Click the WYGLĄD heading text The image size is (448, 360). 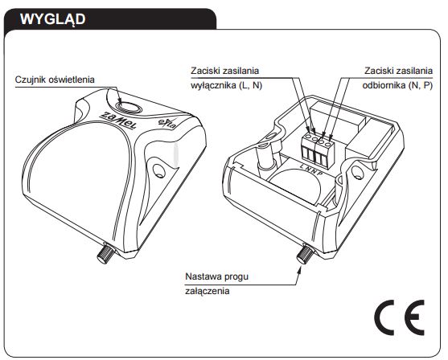[x=52, y=19]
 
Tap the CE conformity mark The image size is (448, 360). [x=400, y=317]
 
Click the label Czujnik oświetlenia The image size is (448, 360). [x=55, y=80]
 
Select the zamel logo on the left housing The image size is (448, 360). [x=118, y=120]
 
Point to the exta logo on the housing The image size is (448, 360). [x=167, y=123]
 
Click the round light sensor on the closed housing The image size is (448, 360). [x=128, y=108]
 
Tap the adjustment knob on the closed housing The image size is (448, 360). [x=105, y=253]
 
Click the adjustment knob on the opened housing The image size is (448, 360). [x=305, y=253]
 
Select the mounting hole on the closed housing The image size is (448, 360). [x=158, y=171]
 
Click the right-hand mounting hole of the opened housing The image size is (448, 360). [x=357, y=172]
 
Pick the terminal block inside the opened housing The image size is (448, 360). [x=318, y=150]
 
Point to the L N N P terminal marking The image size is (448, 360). [x=312, y=170]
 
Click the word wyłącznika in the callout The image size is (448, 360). [x=212, y=86]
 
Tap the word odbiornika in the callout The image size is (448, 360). [x=384, y=86]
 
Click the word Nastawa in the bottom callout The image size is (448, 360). [x=203, y=276]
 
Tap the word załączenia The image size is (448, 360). [x=208, y=291]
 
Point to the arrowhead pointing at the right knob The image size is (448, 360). [x=299, y=269]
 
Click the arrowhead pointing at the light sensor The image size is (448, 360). [x=120, y=100]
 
